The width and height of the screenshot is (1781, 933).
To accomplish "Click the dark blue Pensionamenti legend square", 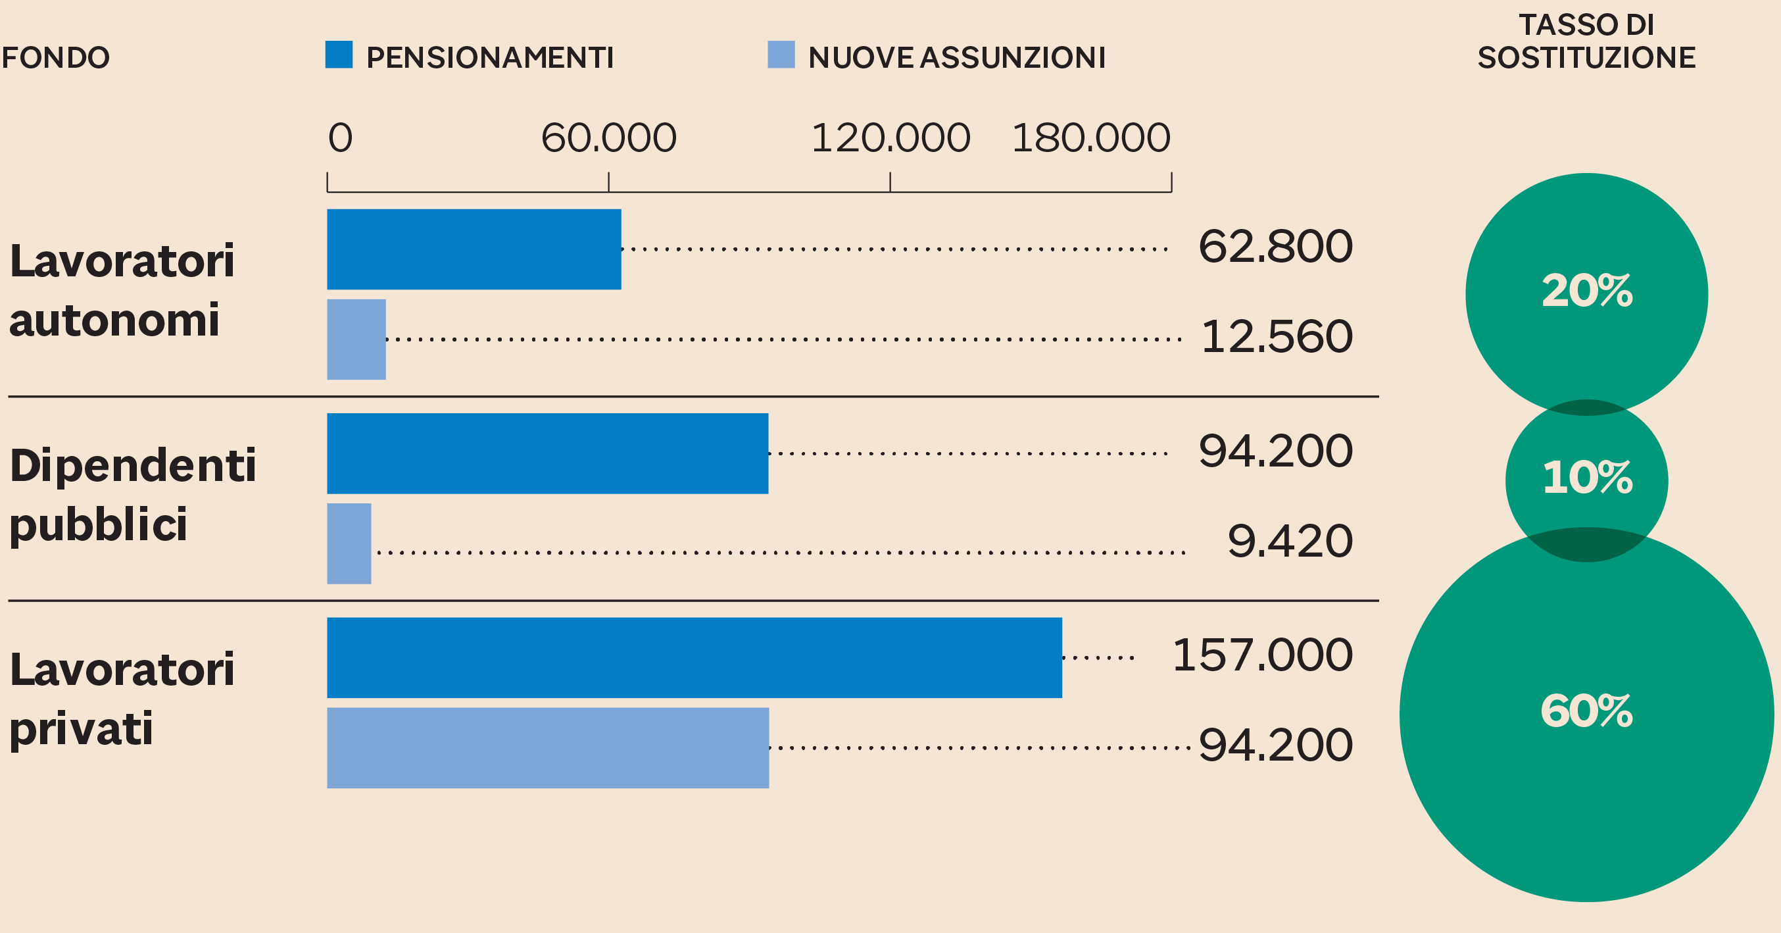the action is pos(339,55).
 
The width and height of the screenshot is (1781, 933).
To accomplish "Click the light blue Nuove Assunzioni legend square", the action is pos(781,55).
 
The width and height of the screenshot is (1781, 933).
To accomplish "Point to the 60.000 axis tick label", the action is pos(608,138).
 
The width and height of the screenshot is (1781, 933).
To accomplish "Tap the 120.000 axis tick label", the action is pos(890,138).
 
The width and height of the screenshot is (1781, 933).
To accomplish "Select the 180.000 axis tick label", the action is pos(1091,138).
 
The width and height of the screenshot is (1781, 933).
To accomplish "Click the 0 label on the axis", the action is pos(340,138).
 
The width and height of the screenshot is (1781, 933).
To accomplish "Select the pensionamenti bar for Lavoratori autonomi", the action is pos(474,249).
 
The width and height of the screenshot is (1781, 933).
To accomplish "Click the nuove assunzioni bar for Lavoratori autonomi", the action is pos(356,339).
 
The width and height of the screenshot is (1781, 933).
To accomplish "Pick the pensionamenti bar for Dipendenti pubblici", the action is pos(548,454).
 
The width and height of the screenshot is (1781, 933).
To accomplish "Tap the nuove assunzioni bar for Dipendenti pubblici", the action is pos(349,543).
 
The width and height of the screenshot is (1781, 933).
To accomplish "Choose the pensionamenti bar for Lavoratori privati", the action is pos(694,658).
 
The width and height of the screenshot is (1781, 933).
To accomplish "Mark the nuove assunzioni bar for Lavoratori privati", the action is pos(548,747).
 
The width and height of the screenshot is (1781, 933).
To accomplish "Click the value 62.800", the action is pos(1276,246).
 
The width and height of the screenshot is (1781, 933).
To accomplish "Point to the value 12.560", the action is pos(1277,337).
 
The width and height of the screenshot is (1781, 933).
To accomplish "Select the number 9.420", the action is pos(1290,541).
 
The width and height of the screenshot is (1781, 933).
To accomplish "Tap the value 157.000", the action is pos(1263,655).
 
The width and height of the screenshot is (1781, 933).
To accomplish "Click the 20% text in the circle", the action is pos(1587,290).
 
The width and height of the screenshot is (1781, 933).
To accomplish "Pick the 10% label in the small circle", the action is pos(1588,477).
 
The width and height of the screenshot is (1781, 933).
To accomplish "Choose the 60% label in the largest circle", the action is pos(1586,711).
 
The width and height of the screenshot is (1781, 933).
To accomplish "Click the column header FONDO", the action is pos(55,57).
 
